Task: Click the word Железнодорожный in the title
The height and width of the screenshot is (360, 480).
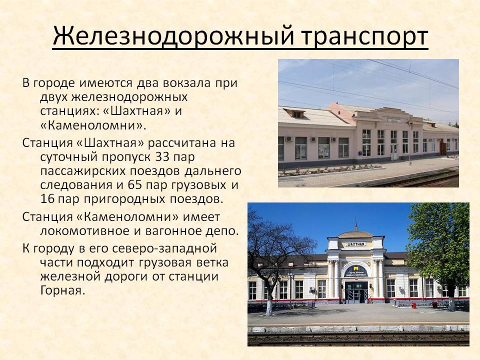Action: point(173,36)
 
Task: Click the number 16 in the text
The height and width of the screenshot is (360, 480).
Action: point(47,199)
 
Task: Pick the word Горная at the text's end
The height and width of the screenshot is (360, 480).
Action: point(62,290)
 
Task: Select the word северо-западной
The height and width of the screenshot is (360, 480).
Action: point(164,248)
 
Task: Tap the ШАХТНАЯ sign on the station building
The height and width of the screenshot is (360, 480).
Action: point(355,244)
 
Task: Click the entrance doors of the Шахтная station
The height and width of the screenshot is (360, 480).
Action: point(356,292)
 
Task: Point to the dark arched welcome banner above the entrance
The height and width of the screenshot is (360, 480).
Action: point(356,271)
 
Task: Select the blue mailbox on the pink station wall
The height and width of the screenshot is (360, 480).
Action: point(364,147)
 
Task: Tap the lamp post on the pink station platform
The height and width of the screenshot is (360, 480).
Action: point(410,143)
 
